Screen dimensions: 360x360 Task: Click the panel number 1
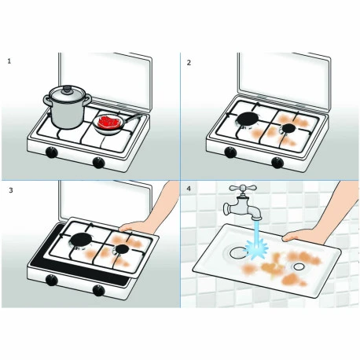(9, 61)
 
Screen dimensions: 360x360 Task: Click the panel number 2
(189, 61)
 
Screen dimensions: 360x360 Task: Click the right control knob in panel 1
(98, 163)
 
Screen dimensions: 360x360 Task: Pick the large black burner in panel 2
(249, 119)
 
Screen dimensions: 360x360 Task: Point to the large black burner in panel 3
(81, 241)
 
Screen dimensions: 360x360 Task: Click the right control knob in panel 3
(99, 292)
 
